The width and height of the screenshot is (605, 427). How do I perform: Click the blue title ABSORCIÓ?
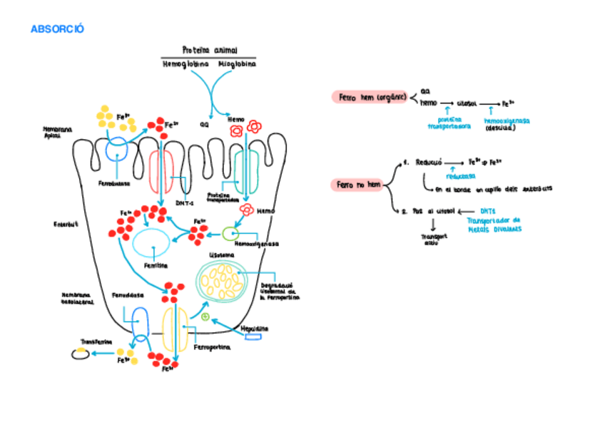click(x=58, y=29)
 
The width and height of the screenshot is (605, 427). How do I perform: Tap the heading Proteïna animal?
click(x=209, y=50)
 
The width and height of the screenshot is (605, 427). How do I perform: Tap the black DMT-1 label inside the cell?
click(x=185, y=202)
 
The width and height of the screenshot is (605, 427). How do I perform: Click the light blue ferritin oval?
click(x=151, y=244)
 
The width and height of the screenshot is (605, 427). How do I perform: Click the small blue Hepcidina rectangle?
click(x=253, y=336)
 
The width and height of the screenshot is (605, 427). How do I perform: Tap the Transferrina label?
click(x=96, y=341)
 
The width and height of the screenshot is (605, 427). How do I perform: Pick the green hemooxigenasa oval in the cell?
click(x=229, y=233)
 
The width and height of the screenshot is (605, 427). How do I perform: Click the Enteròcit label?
click(x=66, y=225)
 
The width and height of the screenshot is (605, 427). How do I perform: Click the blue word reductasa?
click(x=457, y=176)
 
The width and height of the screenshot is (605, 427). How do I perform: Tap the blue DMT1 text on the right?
click(x=487, y=211)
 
